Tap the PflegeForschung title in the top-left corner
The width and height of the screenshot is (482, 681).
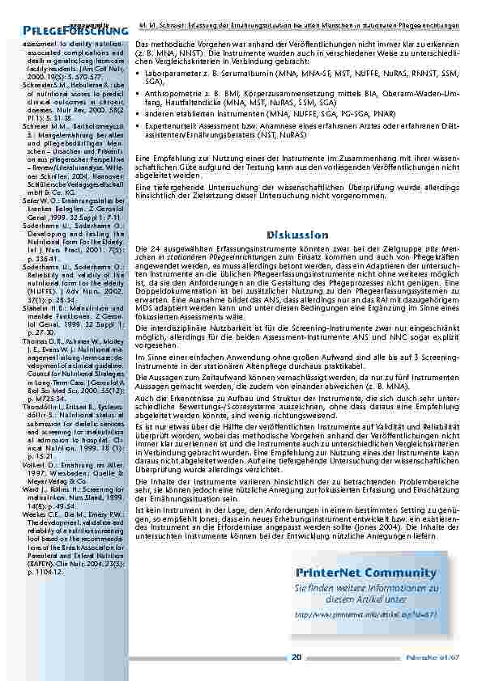[x=70, y=30]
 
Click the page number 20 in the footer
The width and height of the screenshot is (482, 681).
[x=296, y=657]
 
